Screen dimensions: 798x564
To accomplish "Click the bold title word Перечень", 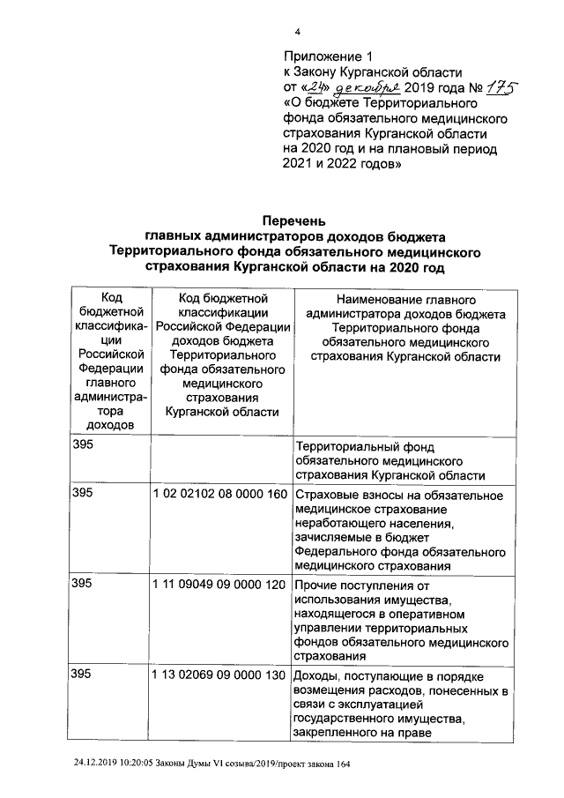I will [x=295, y=220].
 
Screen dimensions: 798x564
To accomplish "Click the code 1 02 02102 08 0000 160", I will [x=220, y=494].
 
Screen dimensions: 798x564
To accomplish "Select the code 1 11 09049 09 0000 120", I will [x=220, y=585].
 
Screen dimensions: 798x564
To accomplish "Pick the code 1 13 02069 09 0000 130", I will [x=220, y=675].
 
